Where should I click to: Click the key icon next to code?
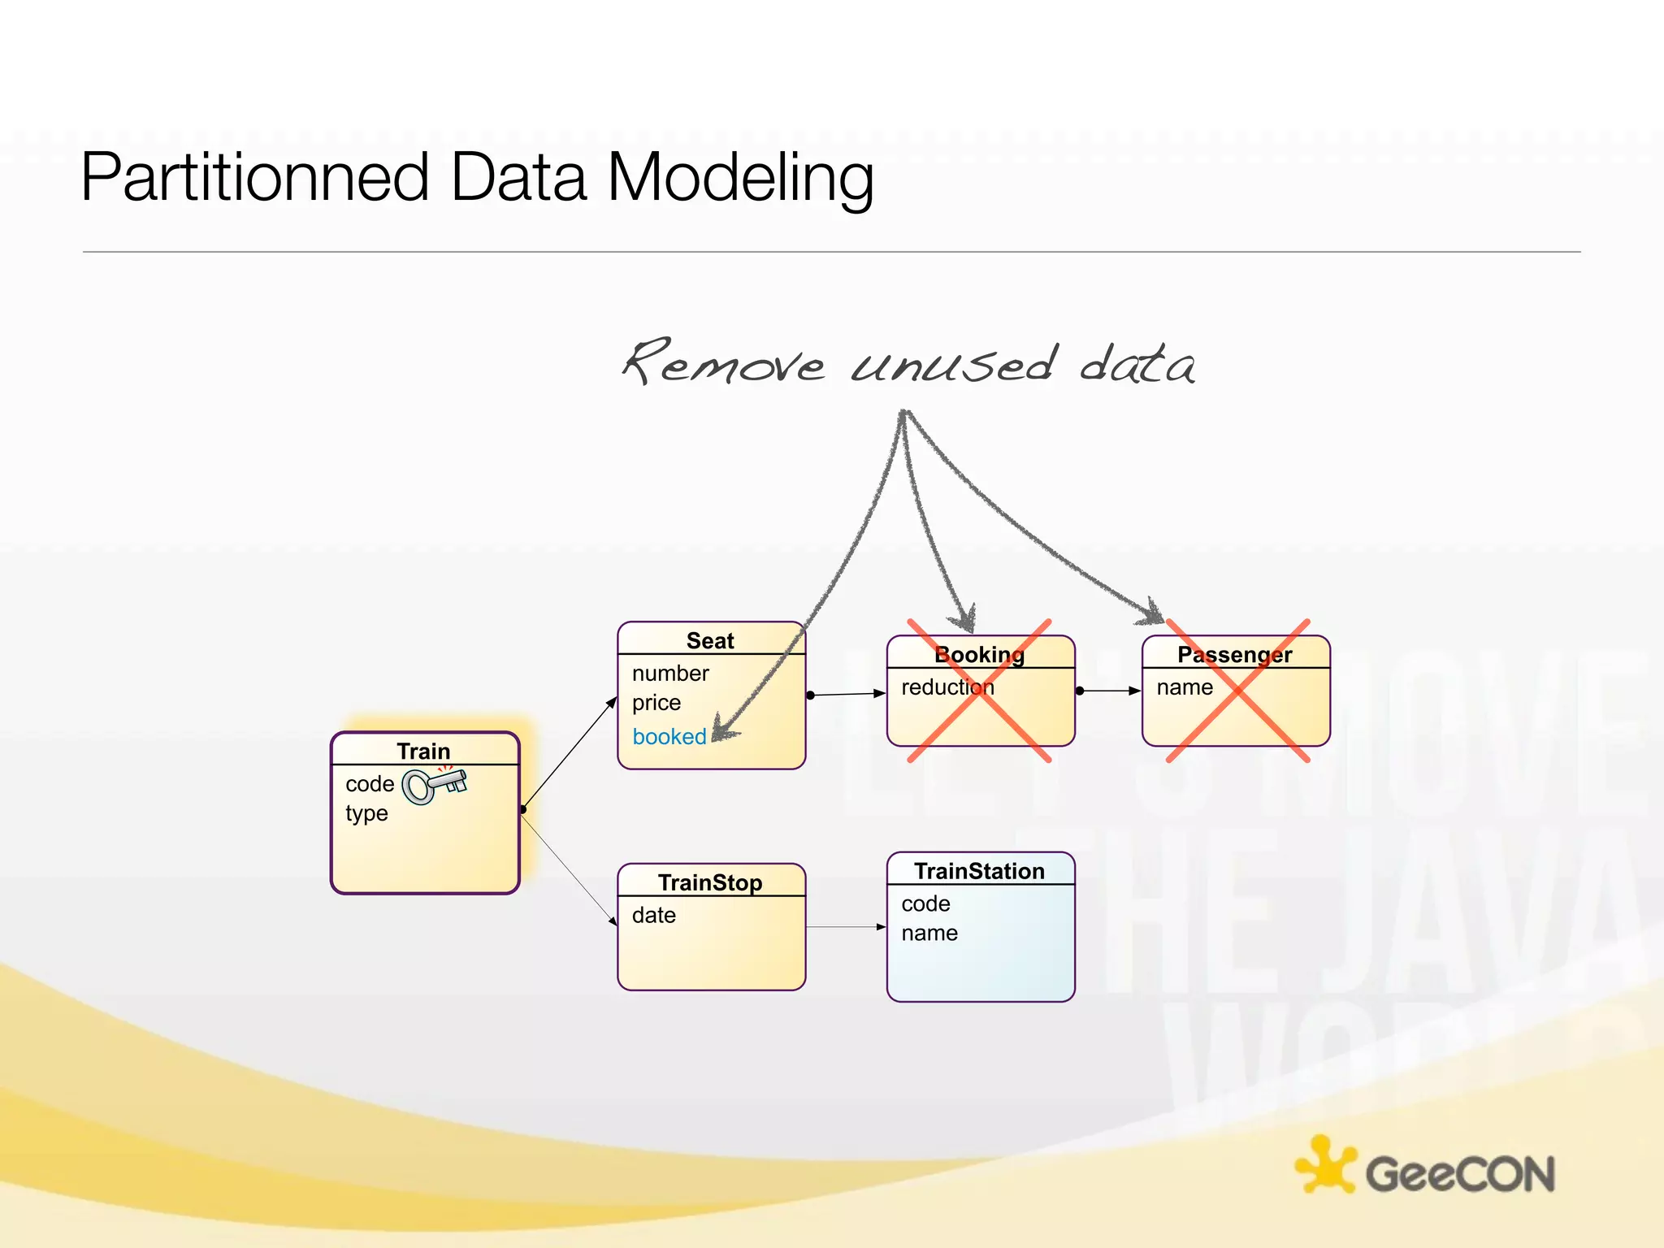(435, 785)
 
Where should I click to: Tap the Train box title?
(423, 751)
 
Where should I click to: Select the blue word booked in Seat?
(669, 737)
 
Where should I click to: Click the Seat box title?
(710, 640)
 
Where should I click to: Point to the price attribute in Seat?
(656, 703)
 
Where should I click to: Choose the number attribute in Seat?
(670, 674)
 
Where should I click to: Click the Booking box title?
(979, 654)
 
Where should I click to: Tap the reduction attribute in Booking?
(947, 687)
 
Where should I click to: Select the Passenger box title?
(1234, 654)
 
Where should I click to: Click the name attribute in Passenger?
(1185, 687)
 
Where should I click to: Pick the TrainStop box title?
(710, 882)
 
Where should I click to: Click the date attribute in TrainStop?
(654, 916)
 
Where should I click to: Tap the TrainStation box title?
(979, 871)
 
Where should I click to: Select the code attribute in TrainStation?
(925, 904)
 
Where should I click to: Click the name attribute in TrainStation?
(929, 934)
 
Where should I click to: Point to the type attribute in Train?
(366, 813)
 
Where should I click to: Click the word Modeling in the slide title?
(740, 178)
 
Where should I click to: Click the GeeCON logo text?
(1459, 1174)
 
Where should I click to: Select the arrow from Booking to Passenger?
(1110, 691)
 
